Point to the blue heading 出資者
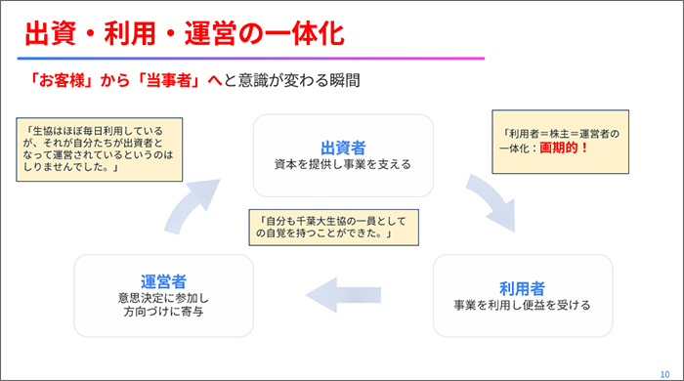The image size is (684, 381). [x=343, y=148]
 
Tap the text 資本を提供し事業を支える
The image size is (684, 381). [x=343, y=164]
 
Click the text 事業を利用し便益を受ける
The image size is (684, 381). [x=522, y=305]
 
